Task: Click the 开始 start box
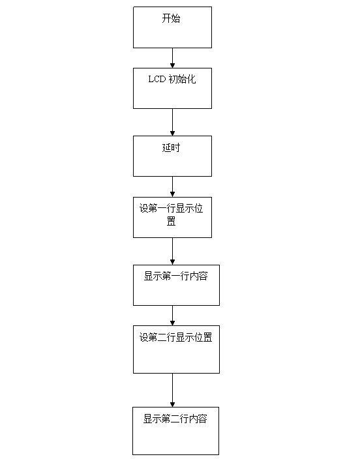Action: pos(172,27)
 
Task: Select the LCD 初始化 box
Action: pos(172,89)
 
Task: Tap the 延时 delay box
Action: pos(172,156)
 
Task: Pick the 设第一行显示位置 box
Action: pos(172,217)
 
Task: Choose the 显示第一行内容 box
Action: pos(176,285)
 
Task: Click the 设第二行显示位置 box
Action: pos(176,349)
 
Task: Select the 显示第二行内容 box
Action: pos(175,430)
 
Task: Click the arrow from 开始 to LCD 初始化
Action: pos(172,58)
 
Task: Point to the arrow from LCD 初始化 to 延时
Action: pos(172,122)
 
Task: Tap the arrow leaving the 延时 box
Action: pos(172,186)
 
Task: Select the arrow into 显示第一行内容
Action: pos(172,251)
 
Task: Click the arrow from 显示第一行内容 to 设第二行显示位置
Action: pos(172,316)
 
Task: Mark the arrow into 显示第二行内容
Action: pos(172,390)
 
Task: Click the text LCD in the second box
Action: pos(157,80)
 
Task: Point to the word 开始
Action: pos(171,18)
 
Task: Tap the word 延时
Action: pos(171,147)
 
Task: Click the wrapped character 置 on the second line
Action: pos(171,221)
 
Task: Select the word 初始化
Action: pos(182,80)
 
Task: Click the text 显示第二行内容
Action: pos(175,419)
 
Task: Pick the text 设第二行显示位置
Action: pos(175,337)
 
